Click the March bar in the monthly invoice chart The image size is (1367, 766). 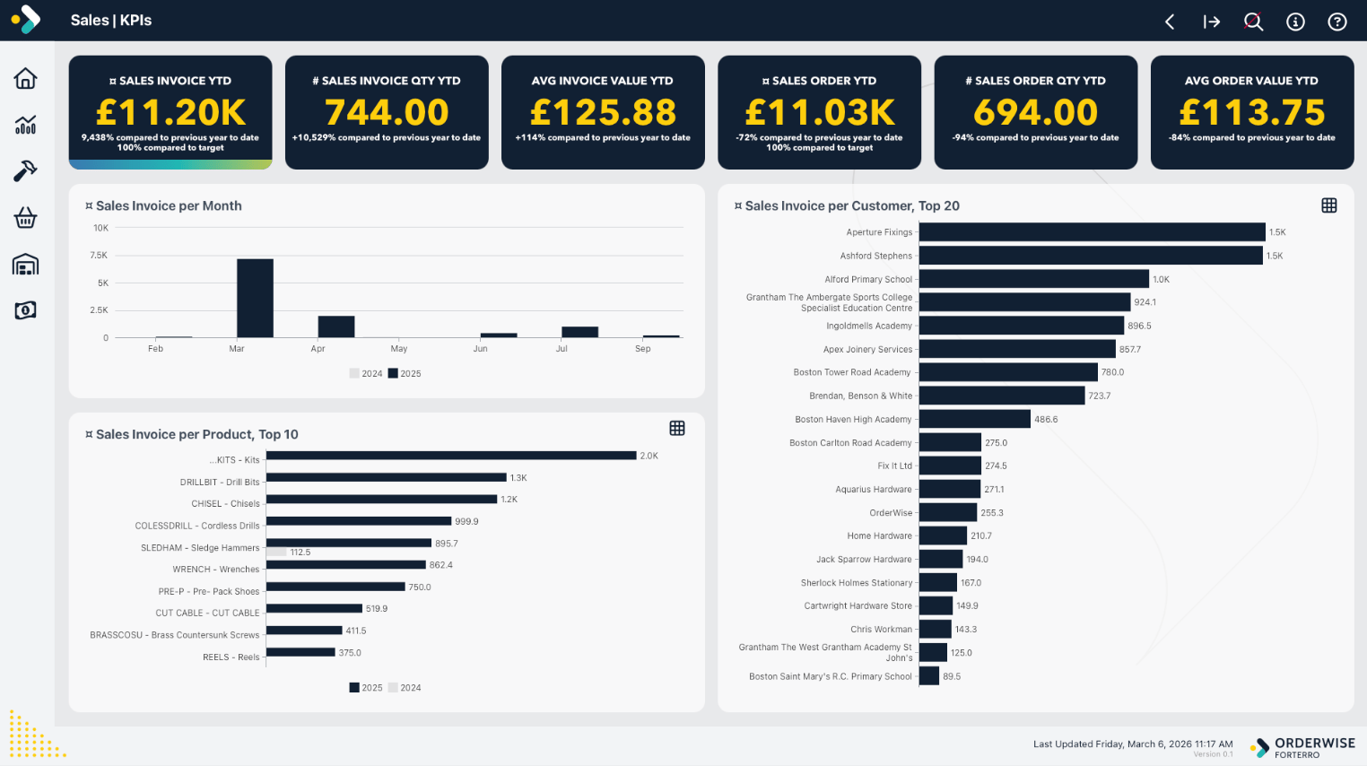tap(255, 298)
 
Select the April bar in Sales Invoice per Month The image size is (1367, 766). tap(336, 326)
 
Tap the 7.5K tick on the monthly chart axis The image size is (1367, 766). tap(99, 256)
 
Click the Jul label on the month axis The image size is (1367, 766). tap(562, 349)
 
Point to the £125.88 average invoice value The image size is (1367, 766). tap(603, 113)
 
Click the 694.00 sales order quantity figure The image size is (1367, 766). tap(1035, 113)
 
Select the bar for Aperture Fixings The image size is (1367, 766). tap(1092, 232)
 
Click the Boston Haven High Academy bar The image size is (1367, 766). tap(974, 419)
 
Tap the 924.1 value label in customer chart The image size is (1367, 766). tap(1145, 302)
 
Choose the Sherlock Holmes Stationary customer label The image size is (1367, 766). tap(856, 583)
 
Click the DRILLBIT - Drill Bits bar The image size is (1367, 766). tap(386, 477)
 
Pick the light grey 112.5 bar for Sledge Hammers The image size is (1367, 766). tap(276, 553)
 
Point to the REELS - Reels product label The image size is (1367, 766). tap(231, 657)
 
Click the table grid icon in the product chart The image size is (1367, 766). tap(677, 429)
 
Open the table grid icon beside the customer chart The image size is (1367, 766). tap(1329, 205)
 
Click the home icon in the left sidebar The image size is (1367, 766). tap(26, 79)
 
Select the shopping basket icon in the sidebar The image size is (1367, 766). tap(26, 218)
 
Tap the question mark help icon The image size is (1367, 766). tap(1337, 22)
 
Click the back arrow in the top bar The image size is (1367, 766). tap(1170, 22)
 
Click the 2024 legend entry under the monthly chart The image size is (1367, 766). tap(366, 374)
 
